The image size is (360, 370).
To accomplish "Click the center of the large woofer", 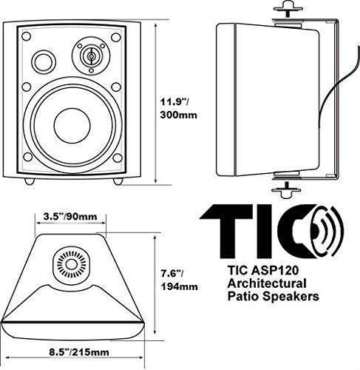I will (74, 124).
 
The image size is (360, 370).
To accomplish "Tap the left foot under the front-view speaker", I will (29, 181).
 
